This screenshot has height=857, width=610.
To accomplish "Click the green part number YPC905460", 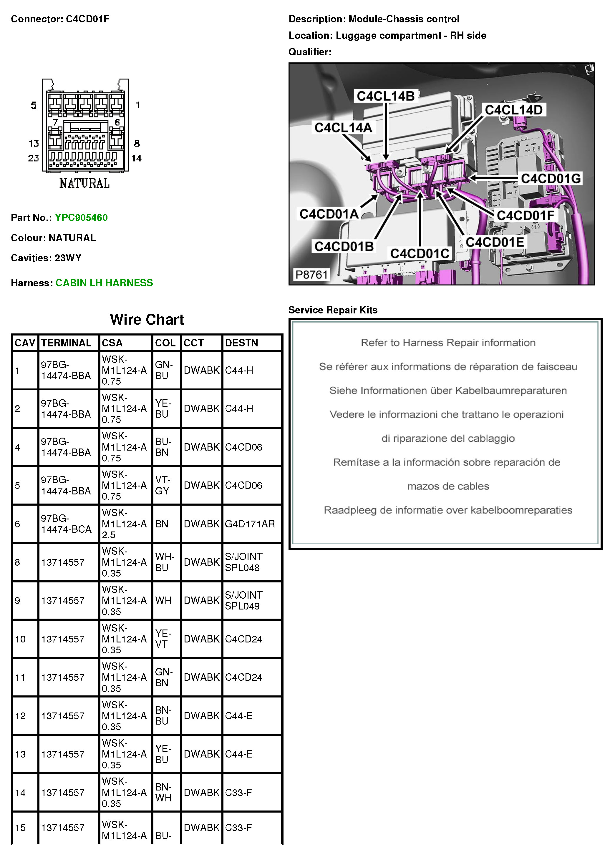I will point(81,218).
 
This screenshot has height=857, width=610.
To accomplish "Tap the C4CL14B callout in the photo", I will point(385,96).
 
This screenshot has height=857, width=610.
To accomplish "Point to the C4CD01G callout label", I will point(551,179).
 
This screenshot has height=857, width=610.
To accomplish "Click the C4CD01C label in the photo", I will point(420,253).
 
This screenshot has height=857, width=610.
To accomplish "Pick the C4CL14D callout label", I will point(513,110).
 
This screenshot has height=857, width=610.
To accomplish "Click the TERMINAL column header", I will point(66,343).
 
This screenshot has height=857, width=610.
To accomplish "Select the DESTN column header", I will point(241,343).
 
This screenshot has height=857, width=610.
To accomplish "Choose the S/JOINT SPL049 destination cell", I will point(243,600).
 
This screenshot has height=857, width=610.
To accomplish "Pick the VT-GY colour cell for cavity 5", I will point(162,485).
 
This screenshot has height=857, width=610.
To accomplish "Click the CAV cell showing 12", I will point(20,715).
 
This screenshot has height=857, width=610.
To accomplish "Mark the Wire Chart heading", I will point(147,319).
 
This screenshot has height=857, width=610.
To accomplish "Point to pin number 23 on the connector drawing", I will point(34,158).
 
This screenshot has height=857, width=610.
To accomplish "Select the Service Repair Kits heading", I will point(333,310).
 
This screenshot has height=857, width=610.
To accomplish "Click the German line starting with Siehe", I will point(448,391).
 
